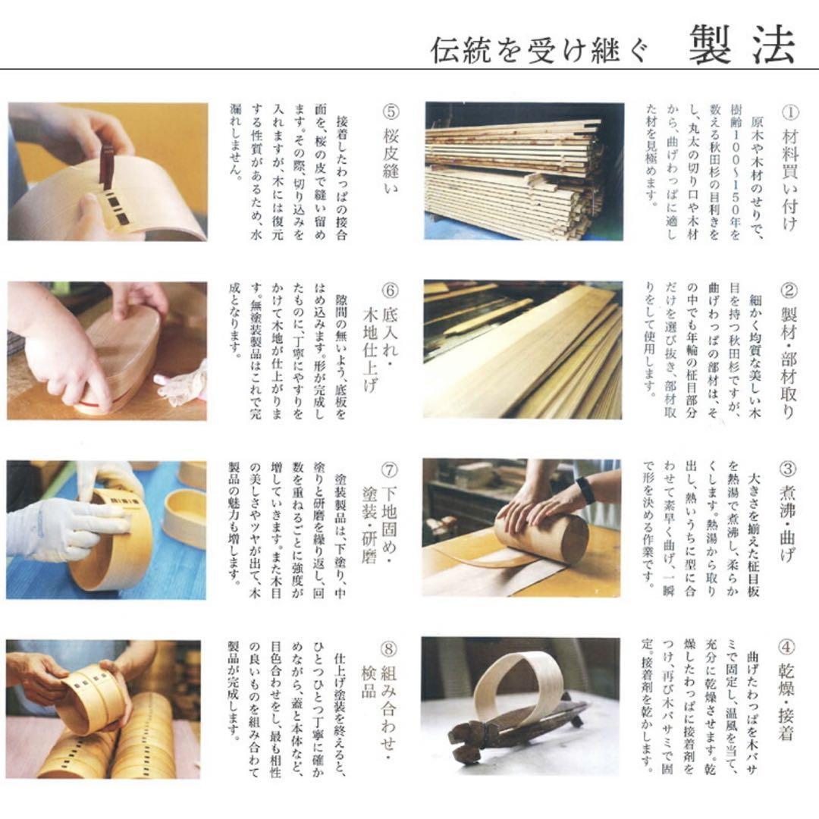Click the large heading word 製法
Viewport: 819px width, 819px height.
(x=742, y=47)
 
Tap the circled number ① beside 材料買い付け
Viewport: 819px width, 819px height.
(x=789, y=112)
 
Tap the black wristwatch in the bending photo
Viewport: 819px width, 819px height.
(x=585, y=490)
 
